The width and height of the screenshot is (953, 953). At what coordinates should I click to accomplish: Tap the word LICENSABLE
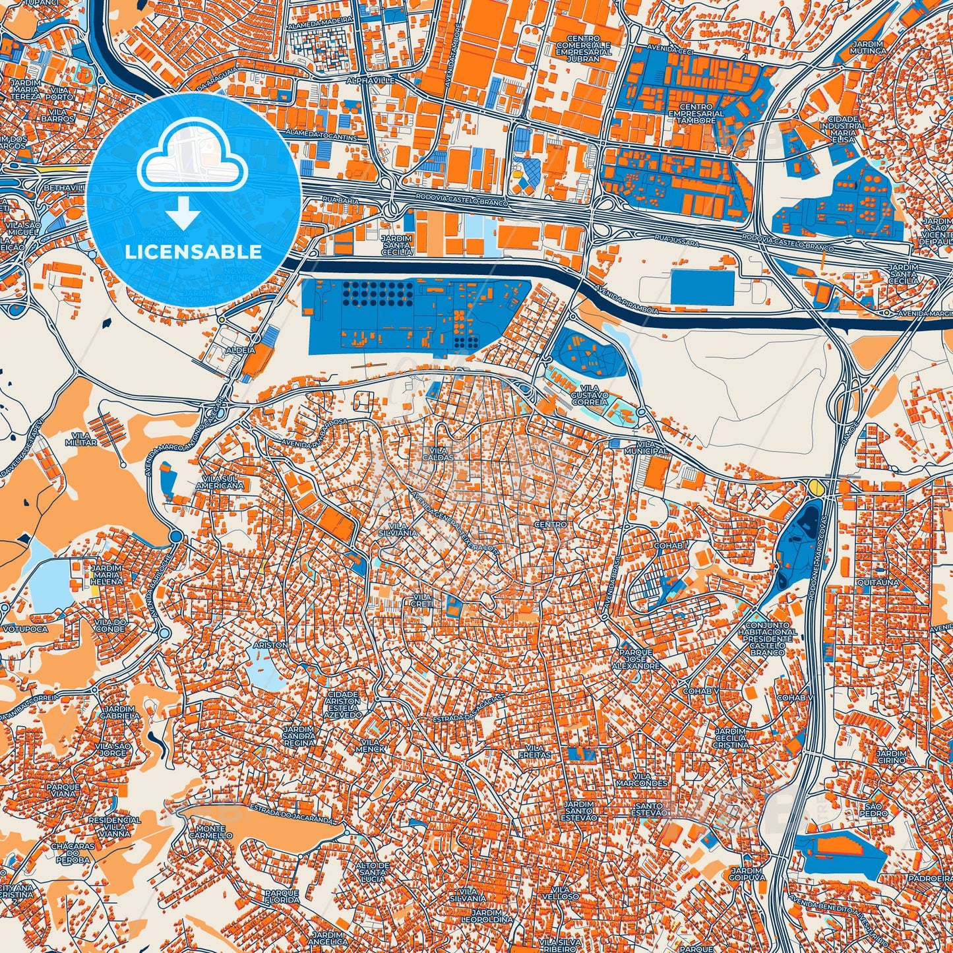pyautogui.click(x=193, y=251)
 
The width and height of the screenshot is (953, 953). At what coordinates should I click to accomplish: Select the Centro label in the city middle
pyautogui.click(x=551, y=524)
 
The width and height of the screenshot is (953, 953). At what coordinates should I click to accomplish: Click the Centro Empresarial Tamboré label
pyautogui.click(x=696, y=113)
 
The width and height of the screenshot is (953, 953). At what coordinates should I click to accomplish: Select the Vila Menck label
pyautogui.click(x=369, y=745)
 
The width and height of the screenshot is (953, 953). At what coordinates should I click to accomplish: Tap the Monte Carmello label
pyautogui.click(x=211, y=832)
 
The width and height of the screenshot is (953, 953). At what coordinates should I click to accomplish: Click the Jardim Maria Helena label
pyautogui.click(x=106, y=574)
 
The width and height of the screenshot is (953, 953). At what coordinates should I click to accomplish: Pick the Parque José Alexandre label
pyautogui.click(x=636, y=659)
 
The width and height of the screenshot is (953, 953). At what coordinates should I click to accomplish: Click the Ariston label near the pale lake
pyautogui.click(x=270, y=644)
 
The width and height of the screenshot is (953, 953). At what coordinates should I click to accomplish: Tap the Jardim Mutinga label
pyautogui.click(x=868, y=47)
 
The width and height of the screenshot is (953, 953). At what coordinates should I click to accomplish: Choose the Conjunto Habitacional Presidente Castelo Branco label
pyautogui.click(x=771, y=638)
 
